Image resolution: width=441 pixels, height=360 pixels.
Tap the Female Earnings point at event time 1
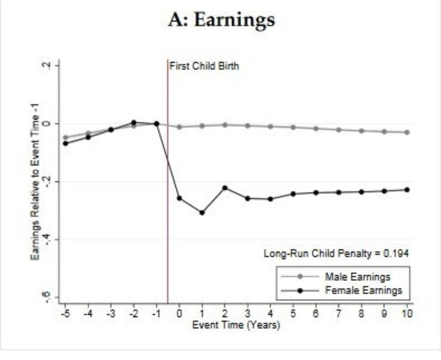coord(202,212)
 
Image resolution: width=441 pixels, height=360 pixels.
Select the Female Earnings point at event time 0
coord(179,198)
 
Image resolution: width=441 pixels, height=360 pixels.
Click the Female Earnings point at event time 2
coord(224,188)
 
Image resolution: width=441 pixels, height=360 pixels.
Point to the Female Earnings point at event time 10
coord(407,190)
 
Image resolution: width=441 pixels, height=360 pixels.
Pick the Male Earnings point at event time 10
coord(407,132)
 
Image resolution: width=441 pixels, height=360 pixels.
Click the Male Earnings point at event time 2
coord(224,125)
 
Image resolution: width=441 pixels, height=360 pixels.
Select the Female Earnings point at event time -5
coord(65,143)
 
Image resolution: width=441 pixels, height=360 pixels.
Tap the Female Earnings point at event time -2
coord(134,122)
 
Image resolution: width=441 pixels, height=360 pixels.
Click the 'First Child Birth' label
coord(204,66)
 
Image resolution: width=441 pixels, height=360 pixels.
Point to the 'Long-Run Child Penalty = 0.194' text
coord(336,253)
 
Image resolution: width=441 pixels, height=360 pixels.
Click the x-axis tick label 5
coord(293,314)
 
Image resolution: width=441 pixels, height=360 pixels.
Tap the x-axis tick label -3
coord(110,314)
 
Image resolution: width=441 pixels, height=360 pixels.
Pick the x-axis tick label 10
coord(407,314)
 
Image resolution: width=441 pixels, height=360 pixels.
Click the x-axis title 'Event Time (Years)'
coord(236,326)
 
